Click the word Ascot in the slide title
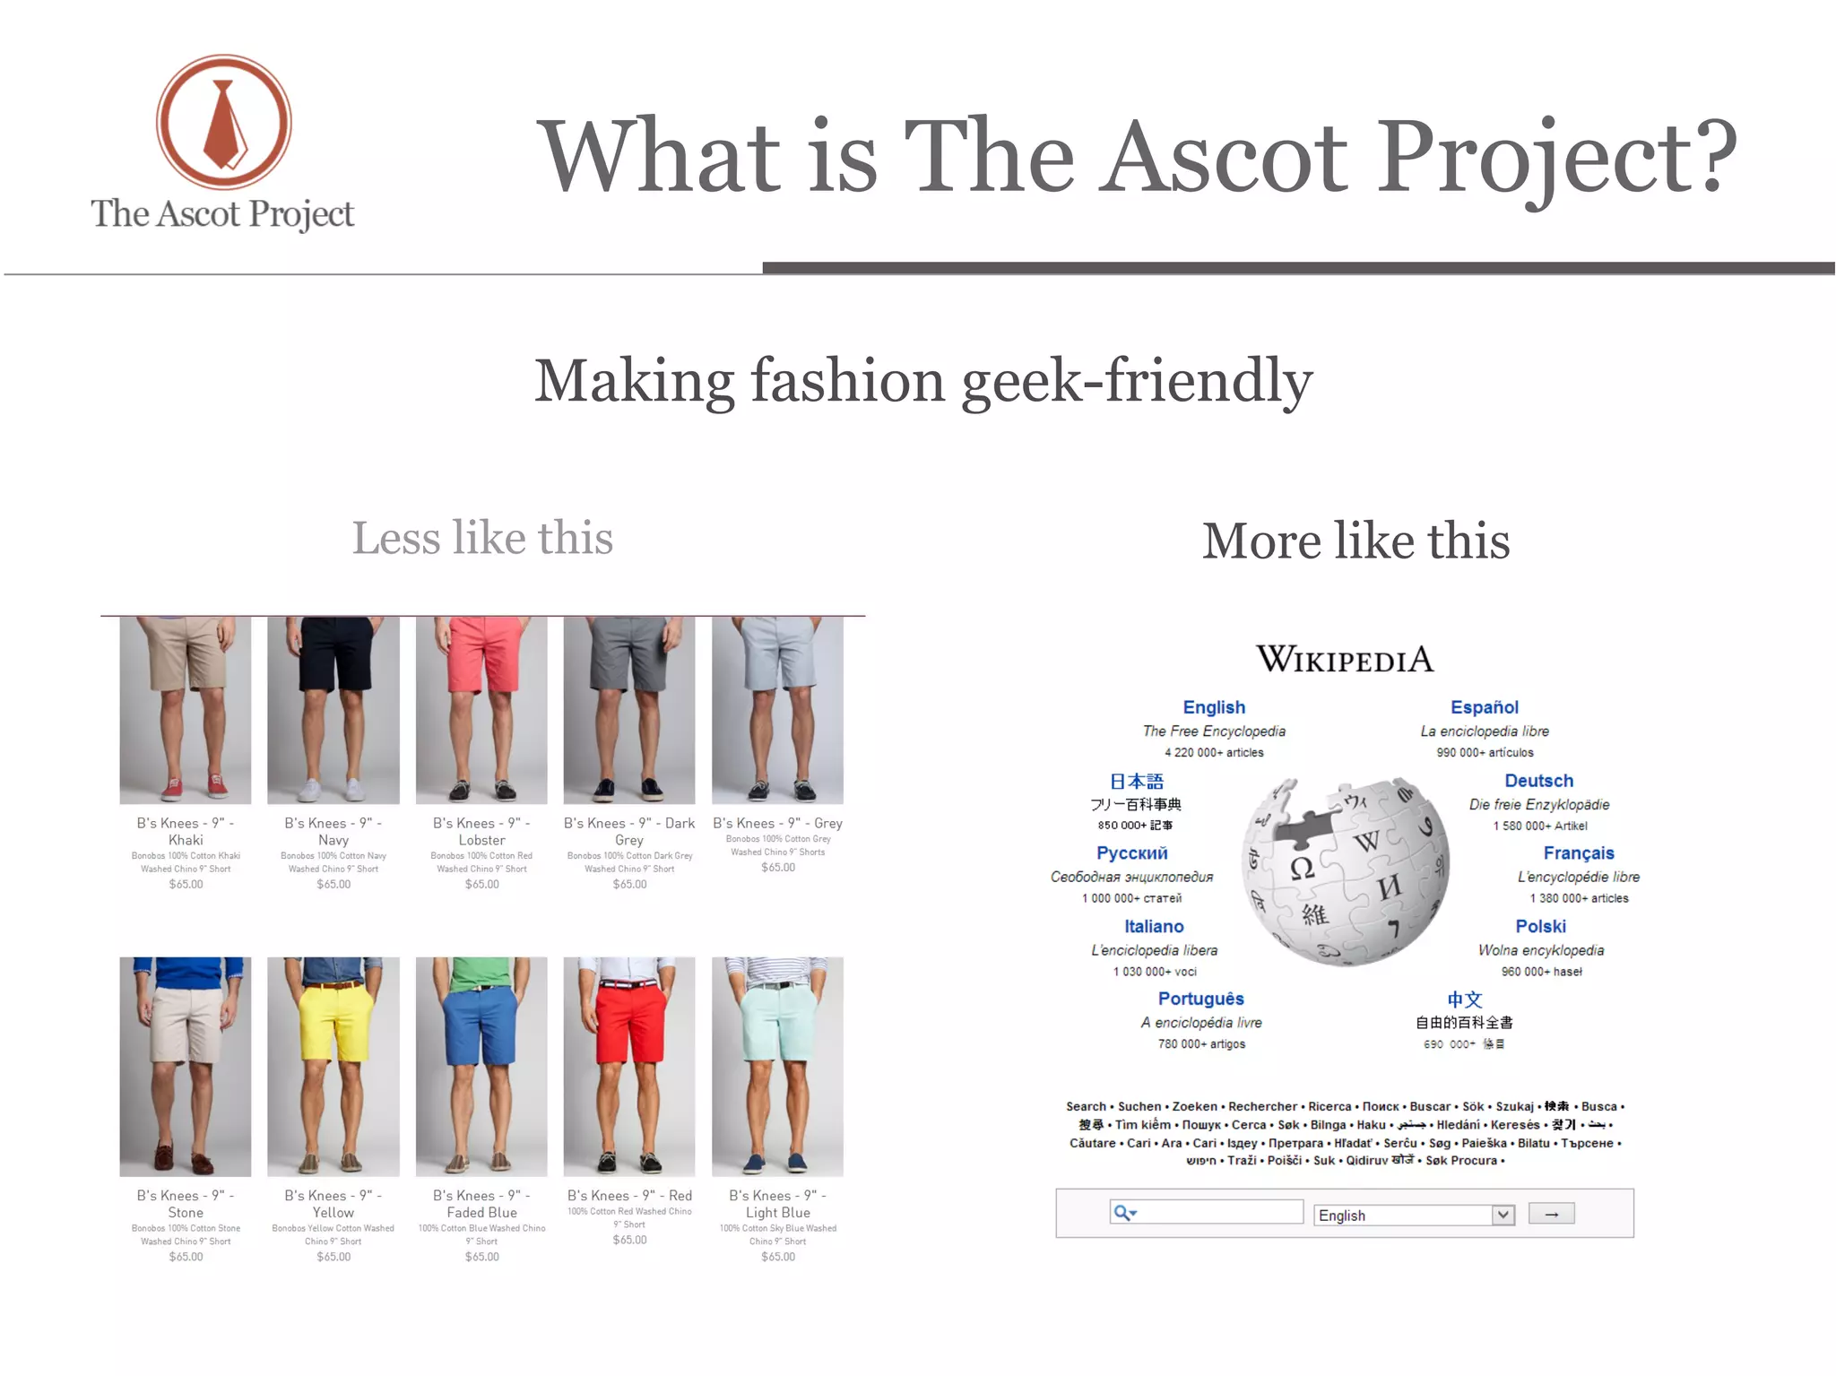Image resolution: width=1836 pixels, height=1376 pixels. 1224,156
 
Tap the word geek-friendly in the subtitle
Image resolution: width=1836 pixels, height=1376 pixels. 1137,381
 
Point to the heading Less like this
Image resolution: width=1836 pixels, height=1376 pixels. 482,538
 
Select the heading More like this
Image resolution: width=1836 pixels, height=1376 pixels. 1355,541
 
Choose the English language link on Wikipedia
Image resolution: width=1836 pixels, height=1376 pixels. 1214,707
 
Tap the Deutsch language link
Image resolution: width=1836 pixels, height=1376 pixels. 1538,781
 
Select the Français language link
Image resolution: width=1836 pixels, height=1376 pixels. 1578,853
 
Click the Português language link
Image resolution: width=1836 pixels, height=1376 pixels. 1200,999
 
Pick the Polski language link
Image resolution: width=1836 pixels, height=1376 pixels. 1540,926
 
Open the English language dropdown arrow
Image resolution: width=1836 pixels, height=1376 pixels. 1503,1215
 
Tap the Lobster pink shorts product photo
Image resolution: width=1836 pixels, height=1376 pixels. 481,709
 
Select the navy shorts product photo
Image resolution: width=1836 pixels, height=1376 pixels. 333,709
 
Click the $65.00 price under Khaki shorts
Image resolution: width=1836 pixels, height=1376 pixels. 186,885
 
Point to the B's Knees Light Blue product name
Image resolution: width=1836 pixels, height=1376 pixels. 777,1204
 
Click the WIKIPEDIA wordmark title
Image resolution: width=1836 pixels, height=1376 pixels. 1345,659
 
